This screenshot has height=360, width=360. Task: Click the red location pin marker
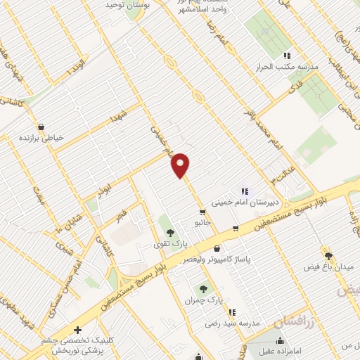coord(181,165)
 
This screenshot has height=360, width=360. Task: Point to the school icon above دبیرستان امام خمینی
coord(245,191)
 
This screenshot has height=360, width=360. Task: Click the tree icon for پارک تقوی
coord(168,231)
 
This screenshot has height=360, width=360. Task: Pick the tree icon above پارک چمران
coord(204,288)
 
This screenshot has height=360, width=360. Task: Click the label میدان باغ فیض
coord(328,266)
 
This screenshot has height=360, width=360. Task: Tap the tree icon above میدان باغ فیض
coord(328,255)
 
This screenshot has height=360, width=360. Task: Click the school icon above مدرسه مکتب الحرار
coord(287,56)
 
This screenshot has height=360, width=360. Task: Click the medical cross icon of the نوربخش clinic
coord(77,329)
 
